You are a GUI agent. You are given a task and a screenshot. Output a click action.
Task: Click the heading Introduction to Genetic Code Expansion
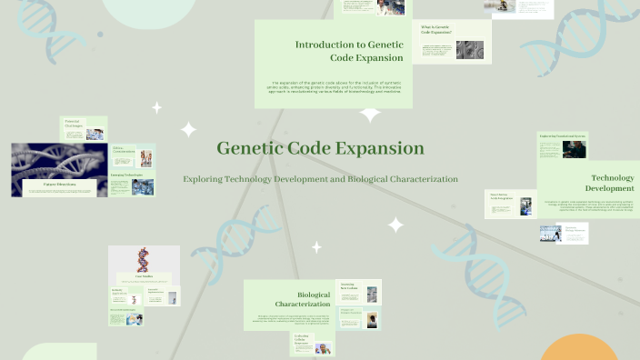tap(349, 51)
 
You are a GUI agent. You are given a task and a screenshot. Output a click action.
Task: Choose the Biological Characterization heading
tap(303, 299)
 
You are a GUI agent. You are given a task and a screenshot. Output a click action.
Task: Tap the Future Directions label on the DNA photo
tap(59, 185)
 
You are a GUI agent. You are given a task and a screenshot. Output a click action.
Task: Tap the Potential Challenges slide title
tap(73, 122)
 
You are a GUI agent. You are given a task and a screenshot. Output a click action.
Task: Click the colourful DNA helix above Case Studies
tap(144, 258)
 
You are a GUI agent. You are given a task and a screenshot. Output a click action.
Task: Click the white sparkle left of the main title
tap(188, 130)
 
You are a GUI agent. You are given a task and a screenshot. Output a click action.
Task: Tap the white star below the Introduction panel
tap(370, 115)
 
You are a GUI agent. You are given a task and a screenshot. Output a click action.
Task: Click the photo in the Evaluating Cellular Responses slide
tap(323, 347)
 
